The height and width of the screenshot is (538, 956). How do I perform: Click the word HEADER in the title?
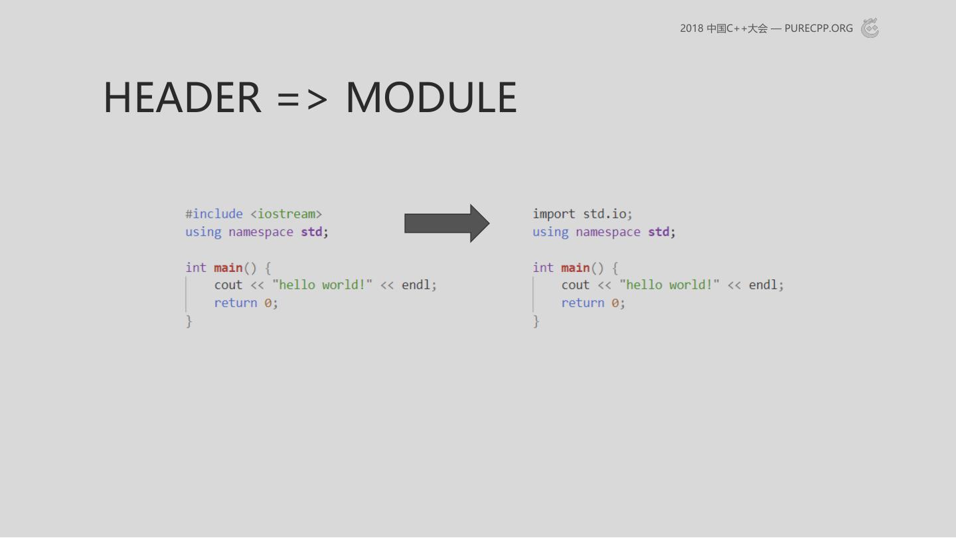182,98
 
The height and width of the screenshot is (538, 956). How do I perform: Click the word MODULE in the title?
432,98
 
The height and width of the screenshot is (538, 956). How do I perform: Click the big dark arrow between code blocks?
447,224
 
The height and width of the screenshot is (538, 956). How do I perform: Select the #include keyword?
214,214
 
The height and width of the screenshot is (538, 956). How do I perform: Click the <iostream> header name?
286,214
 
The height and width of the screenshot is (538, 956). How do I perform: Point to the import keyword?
554,214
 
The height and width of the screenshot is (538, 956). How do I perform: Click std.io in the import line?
604,214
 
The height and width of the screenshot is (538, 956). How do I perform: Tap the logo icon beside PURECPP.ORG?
870,28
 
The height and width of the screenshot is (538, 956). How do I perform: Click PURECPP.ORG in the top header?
819,28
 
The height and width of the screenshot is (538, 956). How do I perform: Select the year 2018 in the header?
691,28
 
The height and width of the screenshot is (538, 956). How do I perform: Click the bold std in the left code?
311,232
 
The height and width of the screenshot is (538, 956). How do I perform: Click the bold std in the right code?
659,232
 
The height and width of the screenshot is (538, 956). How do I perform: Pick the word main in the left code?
228,268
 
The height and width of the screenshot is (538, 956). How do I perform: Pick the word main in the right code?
576,268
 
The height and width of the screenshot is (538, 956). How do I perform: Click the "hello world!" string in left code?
322,285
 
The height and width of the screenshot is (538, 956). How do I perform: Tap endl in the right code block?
763,285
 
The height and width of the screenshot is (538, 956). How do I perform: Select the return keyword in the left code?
236,303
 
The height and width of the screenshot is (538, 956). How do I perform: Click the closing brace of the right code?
536,321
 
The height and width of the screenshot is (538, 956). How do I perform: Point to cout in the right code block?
576,285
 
